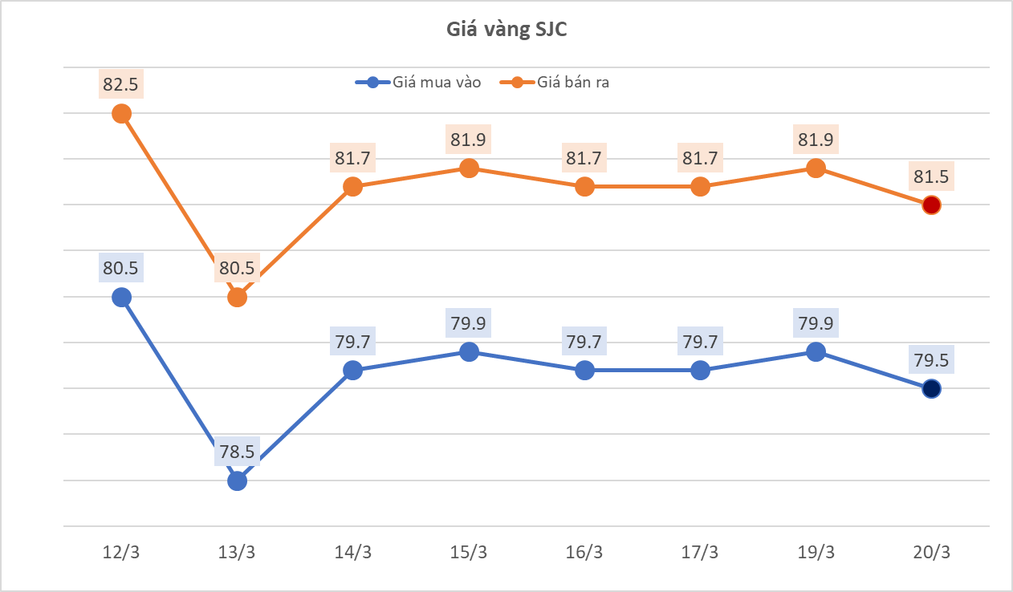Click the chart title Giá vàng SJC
(506, 30)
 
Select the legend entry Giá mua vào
(418, 82)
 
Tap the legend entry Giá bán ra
(555, 82)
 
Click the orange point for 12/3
(122, 114)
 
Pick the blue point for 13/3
(238, 481)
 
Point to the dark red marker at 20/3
(931, 205)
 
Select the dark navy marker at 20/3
(931, 389)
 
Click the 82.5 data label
(122, 83)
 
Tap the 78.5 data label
(238, 452)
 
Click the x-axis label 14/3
(353, 553)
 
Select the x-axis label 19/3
(816, 553)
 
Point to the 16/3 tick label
(584, 553)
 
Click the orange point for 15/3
(469, 168)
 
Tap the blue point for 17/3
(700, 371)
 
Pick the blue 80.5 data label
(122, 267)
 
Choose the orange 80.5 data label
(238, 267)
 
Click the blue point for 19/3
(816, 352)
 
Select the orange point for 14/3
(353, 187)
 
